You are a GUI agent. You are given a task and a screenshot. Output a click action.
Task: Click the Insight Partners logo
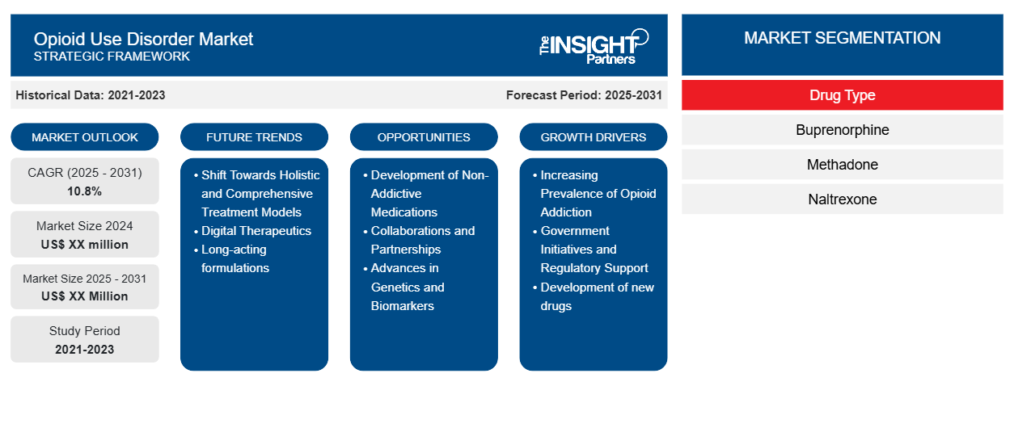(x=594, y=46)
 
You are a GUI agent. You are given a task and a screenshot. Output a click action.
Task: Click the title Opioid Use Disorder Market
(x=143, y=40)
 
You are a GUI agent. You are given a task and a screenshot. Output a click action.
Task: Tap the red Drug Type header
(x=842, y=95)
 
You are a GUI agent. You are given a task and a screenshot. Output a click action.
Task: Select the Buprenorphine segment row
(x=842, y=130)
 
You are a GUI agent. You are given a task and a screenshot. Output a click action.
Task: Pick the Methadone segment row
(x=842, y=165)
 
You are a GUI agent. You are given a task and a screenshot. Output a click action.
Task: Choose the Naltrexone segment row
(x=842, y=199)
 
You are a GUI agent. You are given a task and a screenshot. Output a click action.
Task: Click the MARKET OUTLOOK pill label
(x=85, y=137)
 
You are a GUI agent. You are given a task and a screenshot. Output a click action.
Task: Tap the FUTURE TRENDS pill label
(x=254, y=137)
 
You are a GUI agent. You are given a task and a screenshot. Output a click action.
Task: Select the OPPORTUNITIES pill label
(x=424, y=137)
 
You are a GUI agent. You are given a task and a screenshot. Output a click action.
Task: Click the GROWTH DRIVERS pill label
(x=593, y=137)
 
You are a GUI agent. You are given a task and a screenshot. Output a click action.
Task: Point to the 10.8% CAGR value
(x=85, y=191)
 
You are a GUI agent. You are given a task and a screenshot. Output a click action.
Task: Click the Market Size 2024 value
(x=85, y=245)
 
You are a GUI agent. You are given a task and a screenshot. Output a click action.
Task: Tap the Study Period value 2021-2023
(x=85, y=350)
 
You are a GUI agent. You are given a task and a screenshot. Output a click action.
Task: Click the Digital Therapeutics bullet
(x=252, y=231)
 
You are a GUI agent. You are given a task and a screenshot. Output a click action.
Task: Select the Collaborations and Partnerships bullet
(x=419, y=240)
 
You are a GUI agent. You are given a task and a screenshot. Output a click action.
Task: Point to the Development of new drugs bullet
(x=594, y=296)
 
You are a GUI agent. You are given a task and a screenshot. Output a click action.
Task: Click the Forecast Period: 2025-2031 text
(x=584, y=95)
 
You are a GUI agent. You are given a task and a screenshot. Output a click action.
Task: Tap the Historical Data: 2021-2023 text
(x=91, y=95)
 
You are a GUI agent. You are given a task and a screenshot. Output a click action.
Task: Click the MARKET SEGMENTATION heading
(x=842, y=38)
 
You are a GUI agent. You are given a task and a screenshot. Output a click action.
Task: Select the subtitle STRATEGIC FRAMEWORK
(x=112, y=57)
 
